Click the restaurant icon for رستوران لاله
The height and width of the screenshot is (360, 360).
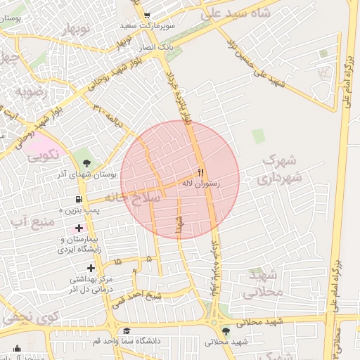tap(200, 172)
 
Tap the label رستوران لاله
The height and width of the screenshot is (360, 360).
tap(201, 183)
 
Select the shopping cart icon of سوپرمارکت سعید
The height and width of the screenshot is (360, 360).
tap(147, 15)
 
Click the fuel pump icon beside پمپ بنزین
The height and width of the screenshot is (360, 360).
tap(78, 199)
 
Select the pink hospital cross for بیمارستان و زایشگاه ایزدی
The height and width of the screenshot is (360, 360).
tap(79, 228)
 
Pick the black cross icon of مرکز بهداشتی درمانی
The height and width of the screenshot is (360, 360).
tap(91, 268)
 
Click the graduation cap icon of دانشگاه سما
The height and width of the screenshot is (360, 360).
tap(127, 331)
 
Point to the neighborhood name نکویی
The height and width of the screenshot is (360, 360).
tap(43, 156)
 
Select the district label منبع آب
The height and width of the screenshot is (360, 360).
tap(31, 222)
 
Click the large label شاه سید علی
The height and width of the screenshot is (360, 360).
tap(246, 14)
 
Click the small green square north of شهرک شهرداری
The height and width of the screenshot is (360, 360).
tap(259, 136)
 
